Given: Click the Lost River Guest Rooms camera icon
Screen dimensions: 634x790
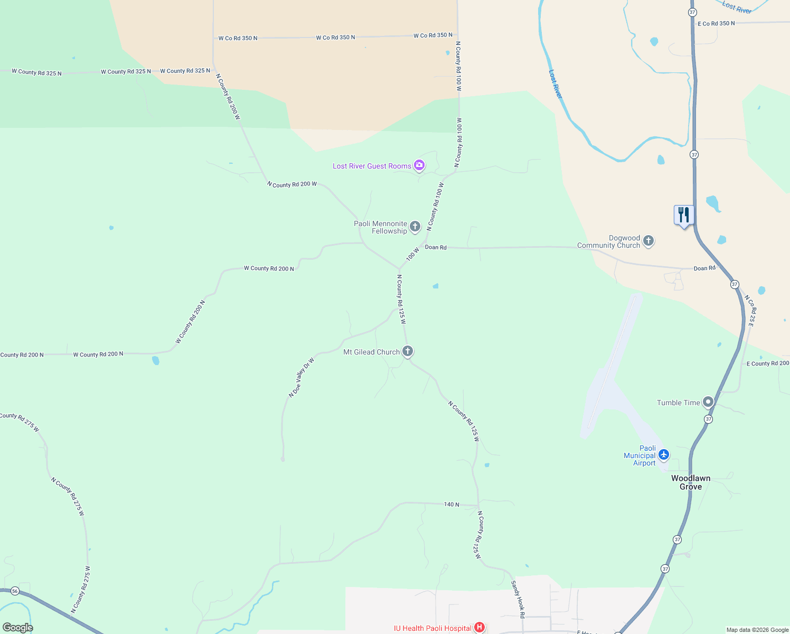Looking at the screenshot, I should (x=419, y=165).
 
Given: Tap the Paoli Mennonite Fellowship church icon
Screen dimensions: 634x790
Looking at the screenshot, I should (x=415, y=227).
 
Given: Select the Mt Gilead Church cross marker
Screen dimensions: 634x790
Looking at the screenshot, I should (x=407, y=351).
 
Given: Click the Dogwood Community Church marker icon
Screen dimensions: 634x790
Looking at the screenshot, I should (x=648, y=241).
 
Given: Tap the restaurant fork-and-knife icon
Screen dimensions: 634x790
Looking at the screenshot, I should (x=684, y=215).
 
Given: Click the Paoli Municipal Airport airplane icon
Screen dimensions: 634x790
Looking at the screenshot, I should (x=664, y=455).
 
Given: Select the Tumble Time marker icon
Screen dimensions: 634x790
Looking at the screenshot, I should (x=708, y=402).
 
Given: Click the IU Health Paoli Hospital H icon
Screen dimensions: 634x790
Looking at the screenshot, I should (x=479, y=628).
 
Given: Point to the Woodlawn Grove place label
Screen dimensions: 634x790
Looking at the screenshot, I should (x=691, y=482).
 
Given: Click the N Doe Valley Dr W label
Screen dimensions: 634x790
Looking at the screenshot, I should (x=302, y=377).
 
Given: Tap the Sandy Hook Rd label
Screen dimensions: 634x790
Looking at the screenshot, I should (x=518, y=599).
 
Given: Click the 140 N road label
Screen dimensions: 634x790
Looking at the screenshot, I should (x=452, y=505).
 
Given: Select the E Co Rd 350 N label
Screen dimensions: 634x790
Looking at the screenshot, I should (x=716, y=24).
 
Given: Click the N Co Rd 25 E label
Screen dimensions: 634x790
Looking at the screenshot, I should (x=749, y=311).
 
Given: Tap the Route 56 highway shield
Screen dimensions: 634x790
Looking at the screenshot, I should (x=15, y=591).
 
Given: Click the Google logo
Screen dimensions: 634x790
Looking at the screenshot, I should (x=17, y=628).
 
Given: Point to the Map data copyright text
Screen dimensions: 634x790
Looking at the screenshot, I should (x=757, y=630).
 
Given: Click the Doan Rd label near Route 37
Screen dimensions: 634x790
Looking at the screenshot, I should (x=704, y=268).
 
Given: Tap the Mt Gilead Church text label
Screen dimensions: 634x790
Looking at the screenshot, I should (x=371, y=352).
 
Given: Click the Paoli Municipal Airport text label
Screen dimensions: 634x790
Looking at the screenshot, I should (x=639, y=455).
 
